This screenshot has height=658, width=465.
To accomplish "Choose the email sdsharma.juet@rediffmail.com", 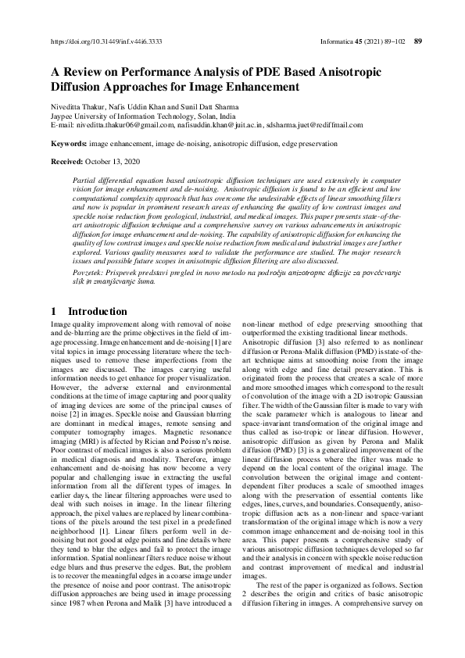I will (x=315, y=124).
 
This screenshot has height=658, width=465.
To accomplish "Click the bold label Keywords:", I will (x=68, y=144).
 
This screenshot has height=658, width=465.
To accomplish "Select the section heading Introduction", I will (x=98, y=312).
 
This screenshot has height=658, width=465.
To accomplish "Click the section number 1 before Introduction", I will (x=53, y=312).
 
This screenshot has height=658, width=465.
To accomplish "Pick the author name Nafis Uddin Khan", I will (x=142, y=105).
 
